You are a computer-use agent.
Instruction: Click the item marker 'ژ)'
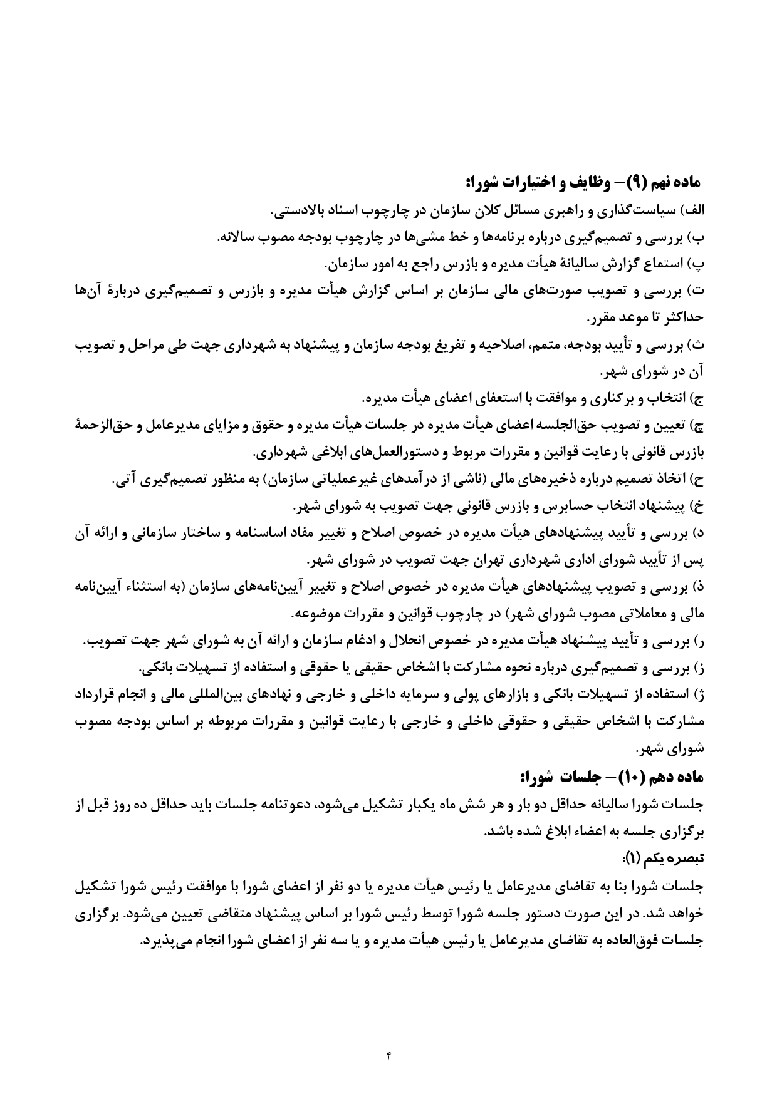click(x=699, y=696)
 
